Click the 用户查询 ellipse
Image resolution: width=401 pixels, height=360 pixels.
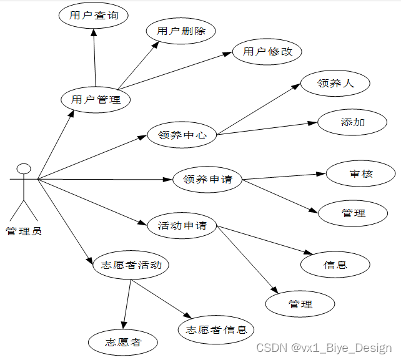click(x=94, y=16)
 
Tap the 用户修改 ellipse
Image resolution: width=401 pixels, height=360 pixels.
click(x=267, y=52)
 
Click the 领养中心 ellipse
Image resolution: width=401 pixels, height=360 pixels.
click(x=182, y=135)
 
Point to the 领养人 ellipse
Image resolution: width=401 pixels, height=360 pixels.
click(x=335, y=84)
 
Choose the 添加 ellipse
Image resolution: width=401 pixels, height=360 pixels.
click(x=353, y=122)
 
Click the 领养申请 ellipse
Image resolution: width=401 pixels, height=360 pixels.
click(x=207, y=180)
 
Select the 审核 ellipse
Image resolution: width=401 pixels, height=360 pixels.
click(x=361, y=174)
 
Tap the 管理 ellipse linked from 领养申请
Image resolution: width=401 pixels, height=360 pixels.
click(x=353, y=213)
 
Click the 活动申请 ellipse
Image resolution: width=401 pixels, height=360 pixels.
click(x=182, y=225)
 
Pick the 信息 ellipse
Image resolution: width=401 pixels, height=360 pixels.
click(x=335, y=265)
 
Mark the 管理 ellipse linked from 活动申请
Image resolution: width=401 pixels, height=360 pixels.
click(x=300, y=304)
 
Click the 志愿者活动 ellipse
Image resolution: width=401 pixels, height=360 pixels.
click(x=131, y=265)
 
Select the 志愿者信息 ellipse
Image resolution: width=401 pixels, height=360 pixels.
click(x=216, y=330)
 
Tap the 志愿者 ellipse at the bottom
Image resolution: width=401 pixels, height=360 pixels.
click(x=123, y=342)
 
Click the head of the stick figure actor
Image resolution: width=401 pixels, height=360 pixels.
click(x=24, y=168)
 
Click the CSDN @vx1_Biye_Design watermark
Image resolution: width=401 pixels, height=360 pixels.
click(x=324, y=348)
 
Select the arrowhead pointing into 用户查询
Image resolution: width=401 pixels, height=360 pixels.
click(x=94, y=34)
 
